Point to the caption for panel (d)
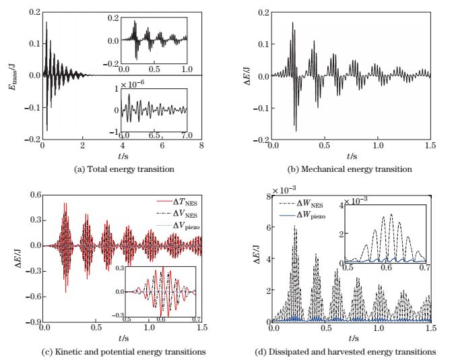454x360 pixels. [350, 351]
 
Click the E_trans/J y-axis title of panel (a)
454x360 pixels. [13, 74]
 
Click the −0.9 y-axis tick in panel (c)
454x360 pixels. [32, 322]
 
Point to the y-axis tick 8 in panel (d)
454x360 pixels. [267, 197]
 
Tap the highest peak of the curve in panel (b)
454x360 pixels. [293, 23]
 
